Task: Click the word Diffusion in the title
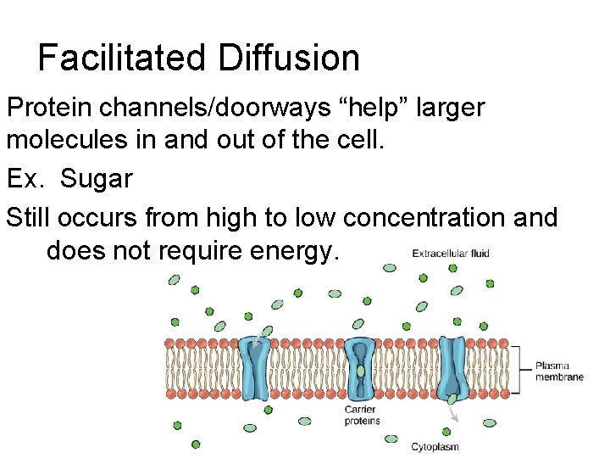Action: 288,58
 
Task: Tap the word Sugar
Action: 97,179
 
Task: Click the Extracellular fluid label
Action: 450,253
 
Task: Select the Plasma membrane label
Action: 558,371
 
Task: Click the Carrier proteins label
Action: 362,416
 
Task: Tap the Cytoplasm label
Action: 435,446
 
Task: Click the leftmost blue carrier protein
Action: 256,368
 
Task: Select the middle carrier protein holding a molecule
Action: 361,368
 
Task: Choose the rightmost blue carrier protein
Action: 452,368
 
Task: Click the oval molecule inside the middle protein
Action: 361,371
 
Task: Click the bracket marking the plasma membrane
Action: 516,369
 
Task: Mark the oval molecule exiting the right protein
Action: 452,399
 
